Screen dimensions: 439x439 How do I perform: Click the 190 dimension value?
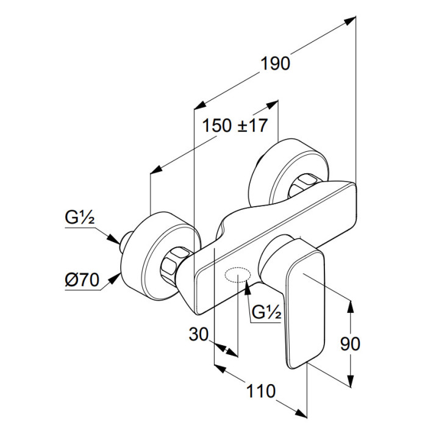click(276, 63)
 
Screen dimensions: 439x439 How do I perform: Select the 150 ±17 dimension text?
click(235, 126)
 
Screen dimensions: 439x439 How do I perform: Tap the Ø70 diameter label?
click(81, 281)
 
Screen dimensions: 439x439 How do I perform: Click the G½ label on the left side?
click(79, 217)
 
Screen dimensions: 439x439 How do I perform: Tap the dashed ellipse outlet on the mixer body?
click(237, 276)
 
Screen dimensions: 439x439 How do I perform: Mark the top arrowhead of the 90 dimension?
click(351, 305)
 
